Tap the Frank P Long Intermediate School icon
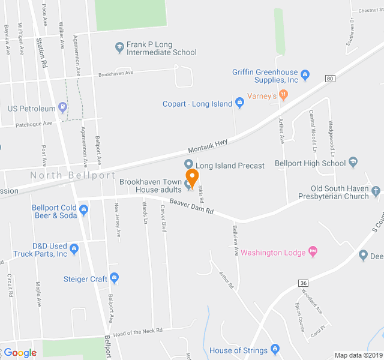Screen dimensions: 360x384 tap(119, 46)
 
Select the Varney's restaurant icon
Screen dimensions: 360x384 tap(283, 95)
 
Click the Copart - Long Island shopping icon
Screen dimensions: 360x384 tap(239, 103)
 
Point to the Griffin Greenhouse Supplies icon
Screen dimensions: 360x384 tap(305, 74)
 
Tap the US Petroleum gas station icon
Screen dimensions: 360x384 tap(63, 109)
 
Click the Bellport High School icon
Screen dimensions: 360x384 tap(353, 162)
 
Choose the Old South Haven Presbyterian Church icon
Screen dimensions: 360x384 tap(376, 191)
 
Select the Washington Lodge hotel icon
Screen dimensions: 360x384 tap(312, 251)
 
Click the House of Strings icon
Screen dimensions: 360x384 tap(275, 349)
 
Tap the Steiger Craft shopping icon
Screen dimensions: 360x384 tap(114, 278)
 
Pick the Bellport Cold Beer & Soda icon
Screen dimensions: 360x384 tap(83, 210)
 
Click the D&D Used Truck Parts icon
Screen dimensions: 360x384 tap(74, 248)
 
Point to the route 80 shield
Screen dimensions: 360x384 tap(331, 79)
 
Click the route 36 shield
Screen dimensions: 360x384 tap(304, 283)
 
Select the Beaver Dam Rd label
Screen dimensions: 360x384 tap(191, 207)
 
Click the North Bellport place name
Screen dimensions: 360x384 tap(73, 175)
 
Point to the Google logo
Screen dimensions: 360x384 tap(20, 353)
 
